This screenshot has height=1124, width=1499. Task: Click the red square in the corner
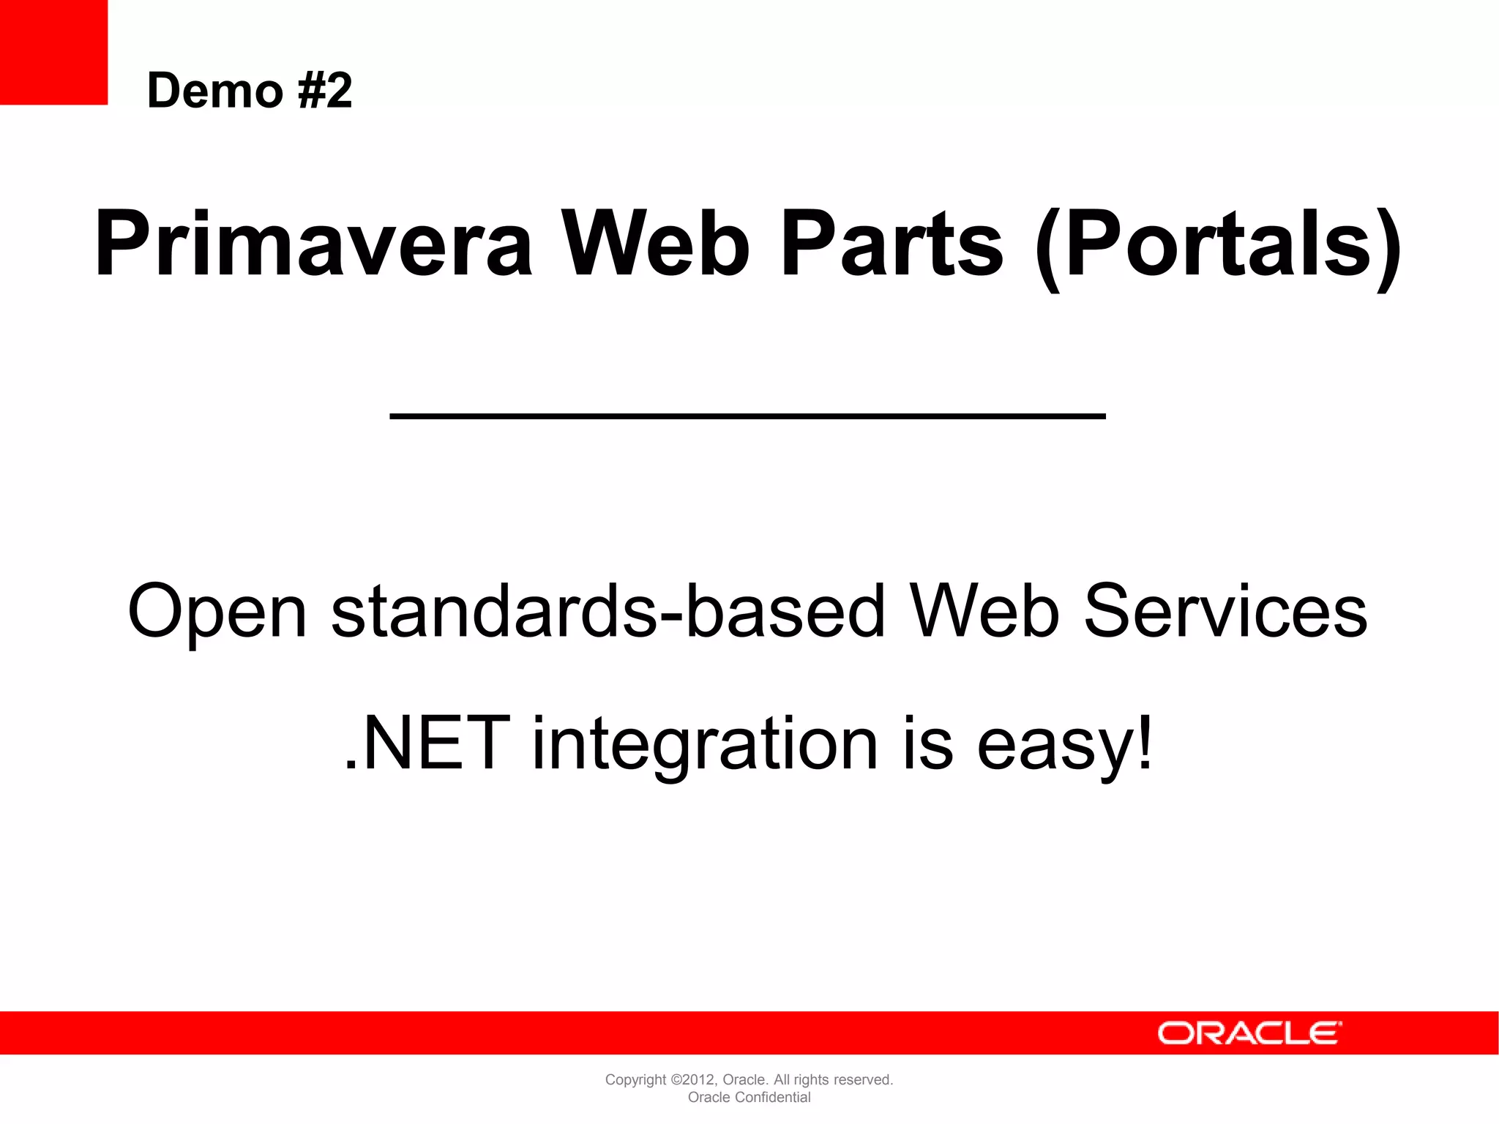(53, 52)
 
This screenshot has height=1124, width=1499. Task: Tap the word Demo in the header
(214, 91)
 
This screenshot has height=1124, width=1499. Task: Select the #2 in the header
(325, 91)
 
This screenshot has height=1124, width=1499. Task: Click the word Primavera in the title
(313, 244)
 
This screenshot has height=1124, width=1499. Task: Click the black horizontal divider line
(747, 416)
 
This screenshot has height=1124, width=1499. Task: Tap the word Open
(217, 612)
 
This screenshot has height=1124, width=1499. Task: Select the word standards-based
(608, 610)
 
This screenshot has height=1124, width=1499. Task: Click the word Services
(1225, 610)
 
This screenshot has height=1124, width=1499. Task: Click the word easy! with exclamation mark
(1065, 745)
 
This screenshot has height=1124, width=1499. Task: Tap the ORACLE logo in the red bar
(1249, 1033)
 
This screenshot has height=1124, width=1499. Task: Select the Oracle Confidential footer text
(749, 1097)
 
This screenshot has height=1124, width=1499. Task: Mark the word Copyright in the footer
(635, 1080)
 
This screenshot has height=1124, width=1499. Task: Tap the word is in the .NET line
(927, 743)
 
